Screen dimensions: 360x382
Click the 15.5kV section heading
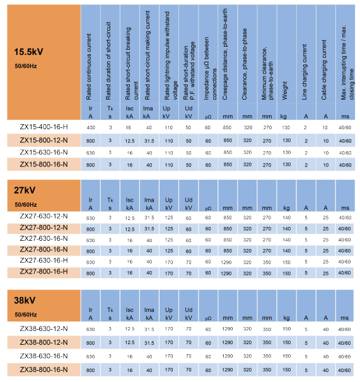[28, 52]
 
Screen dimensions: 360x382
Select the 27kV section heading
[25, 190]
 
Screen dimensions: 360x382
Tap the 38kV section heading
[25, 300]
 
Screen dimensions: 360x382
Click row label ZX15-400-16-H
[44, 127]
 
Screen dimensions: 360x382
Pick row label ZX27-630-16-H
[44, 260]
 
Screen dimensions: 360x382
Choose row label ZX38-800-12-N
[44, 342]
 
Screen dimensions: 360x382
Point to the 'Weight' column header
[285, 91]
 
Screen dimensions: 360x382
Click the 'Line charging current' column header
[304, 72]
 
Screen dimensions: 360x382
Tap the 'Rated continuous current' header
[88, 67]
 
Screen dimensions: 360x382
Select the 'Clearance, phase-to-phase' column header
[244, 64]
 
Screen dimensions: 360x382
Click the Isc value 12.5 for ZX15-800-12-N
[130, 141]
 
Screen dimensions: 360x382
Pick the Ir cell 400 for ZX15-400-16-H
[91, 127]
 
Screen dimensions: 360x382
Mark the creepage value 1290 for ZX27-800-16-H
[226, 274]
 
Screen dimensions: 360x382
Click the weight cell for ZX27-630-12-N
[287, 217]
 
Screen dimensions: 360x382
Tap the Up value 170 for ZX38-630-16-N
[169, 356]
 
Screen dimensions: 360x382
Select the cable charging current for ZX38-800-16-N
[325, 370]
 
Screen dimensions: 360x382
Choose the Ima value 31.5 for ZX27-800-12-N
[149, 229]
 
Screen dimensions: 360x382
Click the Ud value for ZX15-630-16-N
[189, 153]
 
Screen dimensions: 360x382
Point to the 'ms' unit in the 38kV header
[345, 318]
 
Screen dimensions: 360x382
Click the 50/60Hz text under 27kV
[26, 205]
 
